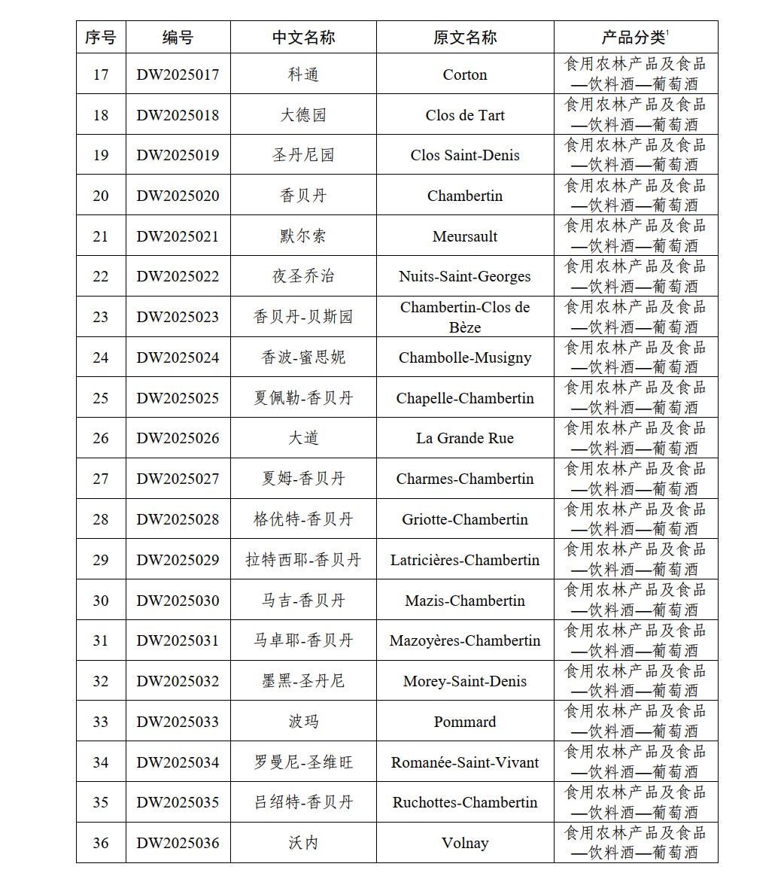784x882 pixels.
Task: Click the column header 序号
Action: click(x=101, y=38)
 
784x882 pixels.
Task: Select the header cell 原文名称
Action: click(x=465, y=38)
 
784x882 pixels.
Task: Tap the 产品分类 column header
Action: click(x=635, y=38)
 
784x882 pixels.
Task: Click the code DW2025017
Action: click(x=178, y=75)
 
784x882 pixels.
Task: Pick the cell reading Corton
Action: click(x=465, y=75)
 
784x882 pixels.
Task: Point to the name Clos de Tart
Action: click(x=465, y=115)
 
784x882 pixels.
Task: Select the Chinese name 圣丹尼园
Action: click(x=303, y=155)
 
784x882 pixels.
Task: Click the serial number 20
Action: click(x=101, y=196)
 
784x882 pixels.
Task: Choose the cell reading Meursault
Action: click(x=465, y=236)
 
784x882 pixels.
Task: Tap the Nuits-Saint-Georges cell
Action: click(x=465, y=276)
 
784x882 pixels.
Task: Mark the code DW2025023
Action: click(x=178, y=317)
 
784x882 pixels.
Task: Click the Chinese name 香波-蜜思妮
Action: click(x=303, y=357)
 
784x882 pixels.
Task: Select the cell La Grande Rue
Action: click(x=465, y=438)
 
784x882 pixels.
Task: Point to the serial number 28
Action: click(x=101, y=519)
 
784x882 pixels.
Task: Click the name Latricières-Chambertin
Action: click(x=465, y=560)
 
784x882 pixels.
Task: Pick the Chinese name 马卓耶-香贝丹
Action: click(x=303, y=640)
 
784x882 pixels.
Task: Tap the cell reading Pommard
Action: click(x=465, y=722)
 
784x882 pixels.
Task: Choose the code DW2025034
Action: click(x=178, y=762)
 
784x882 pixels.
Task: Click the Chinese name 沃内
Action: click(x=303, y=843)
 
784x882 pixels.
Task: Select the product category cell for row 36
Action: click(x=635, y=843)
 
